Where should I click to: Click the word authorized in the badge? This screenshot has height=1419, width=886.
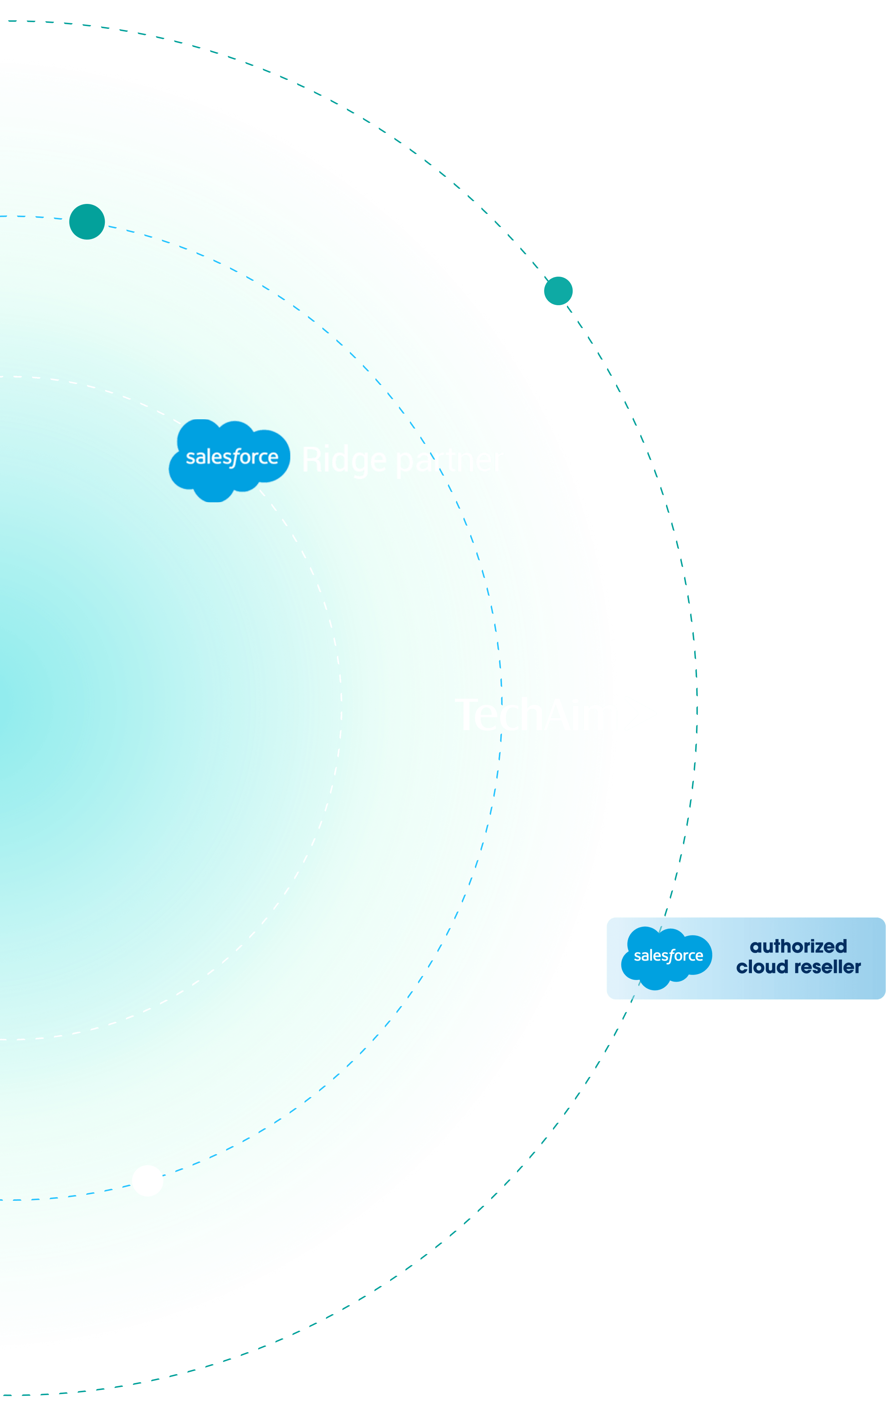tap(798, 946)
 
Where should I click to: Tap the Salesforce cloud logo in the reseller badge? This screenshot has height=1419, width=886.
tap(667, 958)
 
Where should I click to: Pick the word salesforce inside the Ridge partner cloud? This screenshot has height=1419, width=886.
tap(232, 457)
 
